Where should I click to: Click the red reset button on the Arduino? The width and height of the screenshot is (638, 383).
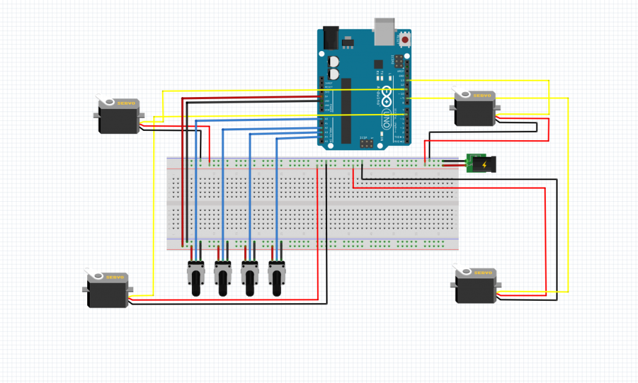click(406, 40)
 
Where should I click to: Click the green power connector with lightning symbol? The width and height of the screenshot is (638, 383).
click(480, 164)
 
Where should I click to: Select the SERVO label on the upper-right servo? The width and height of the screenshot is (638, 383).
click(483, 96)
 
